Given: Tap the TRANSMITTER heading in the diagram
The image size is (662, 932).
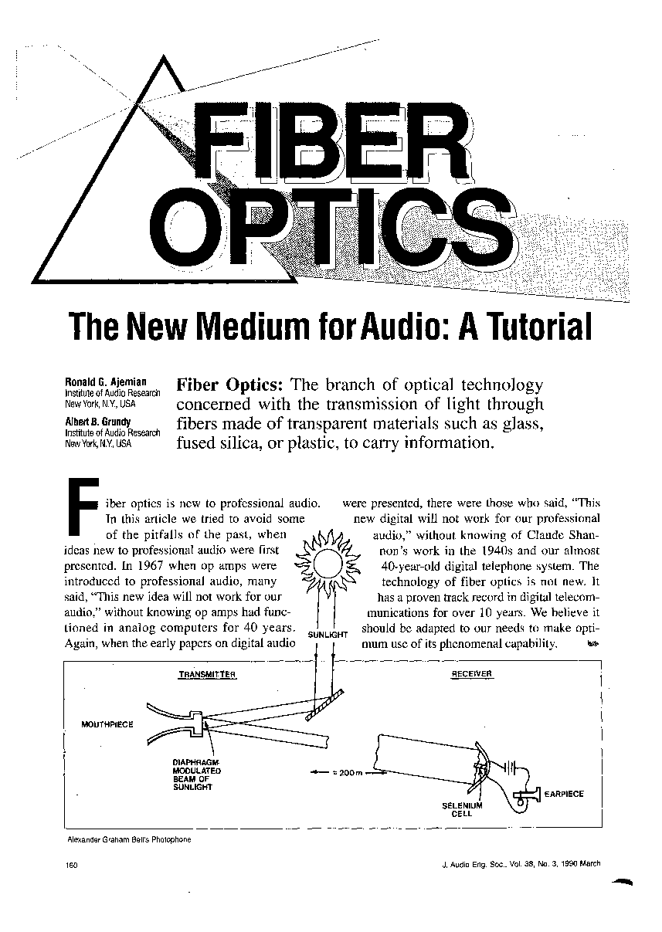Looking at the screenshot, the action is click(x=207, y=674).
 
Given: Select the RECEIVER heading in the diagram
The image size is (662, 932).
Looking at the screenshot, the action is click(x=472, y=673).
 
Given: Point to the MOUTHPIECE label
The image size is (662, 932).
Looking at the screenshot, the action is click(x=107, y=724).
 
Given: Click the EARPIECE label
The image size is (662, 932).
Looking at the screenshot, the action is click(x=564, y=794).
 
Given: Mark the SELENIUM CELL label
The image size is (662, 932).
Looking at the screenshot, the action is click(x=462, y=809).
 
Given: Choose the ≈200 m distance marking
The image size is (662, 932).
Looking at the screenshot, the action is click(x=349, y=773).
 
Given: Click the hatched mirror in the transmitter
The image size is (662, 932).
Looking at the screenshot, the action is click(x=324, y=705).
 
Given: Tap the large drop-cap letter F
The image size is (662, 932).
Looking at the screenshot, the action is click(x=83, y=507).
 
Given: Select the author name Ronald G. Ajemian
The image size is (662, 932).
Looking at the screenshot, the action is click(x=106, y=381).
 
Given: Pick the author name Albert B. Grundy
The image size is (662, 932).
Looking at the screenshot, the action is click(x=98, y=422).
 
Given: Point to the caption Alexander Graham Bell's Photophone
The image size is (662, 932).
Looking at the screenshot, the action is click(x=129, y=839).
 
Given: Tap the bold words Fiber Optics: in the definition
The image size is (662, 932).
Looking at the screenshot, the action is click(x=230, y=385).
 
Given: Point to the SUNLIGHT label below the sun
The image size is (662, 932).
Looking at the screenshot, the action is click(x=328, y=635).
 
